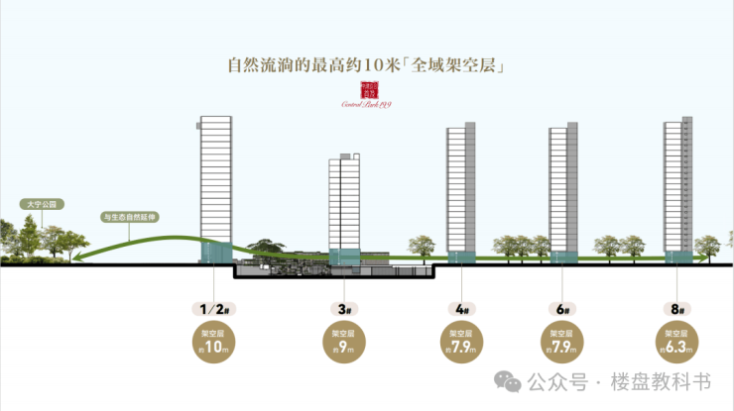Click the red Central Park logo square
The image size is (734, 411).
pyautogui.click(x=366, y=89)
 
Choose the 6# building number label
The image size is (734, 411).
pyautogui.click(x=562, y=309)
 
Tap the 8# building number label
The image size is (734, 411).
pyautogui.click(x=678, y=309)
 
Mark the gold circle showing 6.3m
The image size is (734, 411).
pyautogui.click(x=678, y=342)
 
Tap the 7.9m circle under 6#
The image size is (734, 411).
pyautogui.click(x=562, y=342)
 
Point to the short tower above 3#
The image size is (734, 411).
pyautogui.click(x=344, y=203)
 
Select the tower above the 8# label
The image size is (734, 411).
pyautogui.click(x=678, y=183)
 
